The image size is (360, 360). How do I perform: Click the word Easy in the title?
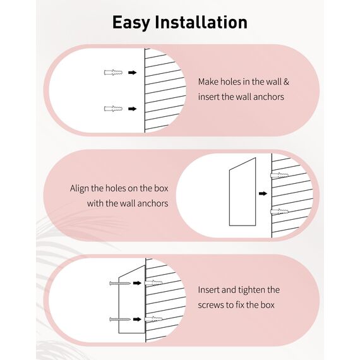[x=131, y=23]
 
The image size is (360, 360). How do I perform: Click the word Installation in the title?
[x=201, y=22]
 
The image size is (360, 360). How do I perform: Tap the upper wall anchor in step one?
[x=113, y=73]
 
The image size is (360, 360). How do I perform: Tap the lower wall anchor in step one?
[x=113, y=109]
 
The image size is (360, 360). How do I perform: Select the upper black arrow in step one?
[x=132, y=73]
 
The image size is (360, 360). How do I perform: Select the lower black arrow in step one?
[x=132, y=109]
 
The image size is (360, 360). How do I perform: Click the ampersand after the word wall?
[x=286, y=81]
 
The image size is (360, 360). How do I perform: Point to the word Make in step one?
[x=208, y=81]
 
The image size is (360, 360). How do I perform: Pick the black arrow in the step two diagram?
[x=263, y=193]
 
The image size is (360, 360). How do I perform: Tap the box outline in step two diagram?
[x=230, y=198]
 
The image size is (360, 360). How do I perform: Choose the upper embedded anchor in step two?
[x=279, y=175]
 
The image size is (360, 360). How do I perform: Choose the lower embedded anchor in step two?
[x=279, y=212]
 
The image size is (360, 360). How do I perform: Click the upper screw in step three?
[x=120, y=284]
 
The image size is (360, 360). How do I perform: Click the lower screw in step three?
[x=120, y=320]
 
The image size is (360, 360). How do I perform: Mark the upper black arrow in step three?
[x=137, y=283]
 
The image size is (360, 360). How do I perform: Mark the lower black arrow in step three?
[x=137, y=320]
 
